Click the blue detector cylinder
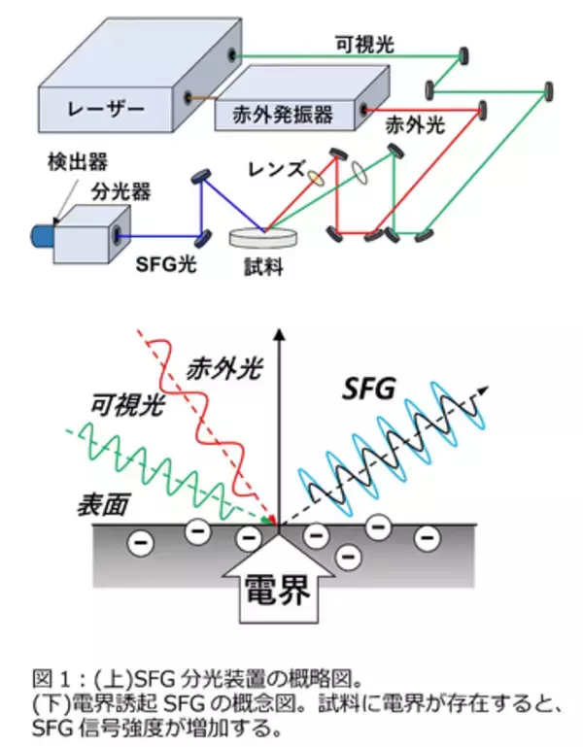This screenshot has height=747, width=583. point(44,235)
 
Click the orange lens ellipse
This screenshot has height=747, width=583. point(317,177)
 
